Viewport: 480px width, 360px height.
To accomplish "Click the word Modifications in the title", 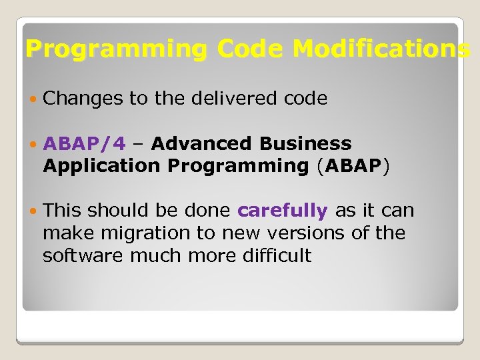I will [381, 49].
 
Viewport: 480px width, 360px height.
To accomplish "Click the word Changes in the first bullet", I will [83, 99].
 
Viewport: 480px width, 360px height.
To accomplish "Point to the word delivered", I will [231, 99].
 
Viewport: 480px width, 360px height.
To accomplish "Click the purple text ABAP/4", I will [84, 143].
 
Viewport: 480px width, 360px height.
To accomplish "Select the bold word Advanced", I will [202, 143].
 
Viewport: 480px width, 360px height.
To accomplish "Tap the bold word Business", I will [305, 143].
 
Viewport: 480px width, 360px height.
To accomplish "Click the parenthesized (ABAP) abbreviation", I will [351, 166].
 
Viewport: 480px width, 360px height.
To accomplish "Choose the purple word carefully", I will [283, 211].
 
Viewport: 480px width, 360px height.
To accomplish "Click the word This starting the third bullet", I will [63, 211].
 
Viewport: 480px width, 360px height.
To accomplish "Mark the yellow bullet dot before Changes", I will [33, 99].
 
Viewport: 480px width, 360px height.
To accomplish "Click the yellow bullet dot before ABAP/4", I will [33, 144].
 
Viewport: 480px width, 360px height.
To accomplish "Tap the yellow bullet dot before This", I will [33, 211].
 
